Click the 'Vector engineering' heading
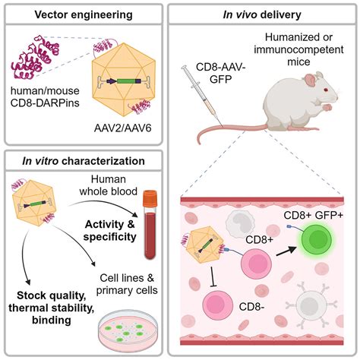point(84,14)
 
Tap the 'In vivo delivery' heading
point(262,14)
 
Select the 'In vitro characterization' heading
point(84,161)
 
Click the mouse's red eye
point(326,90)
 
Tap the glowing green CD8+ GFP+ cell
point(316,238)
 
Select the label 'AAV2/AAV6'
point(123,128)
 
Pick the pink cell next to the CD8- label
point(218,305)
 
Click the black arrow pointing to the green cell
point(286,252)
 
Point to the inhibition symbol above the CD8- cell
point(213,276)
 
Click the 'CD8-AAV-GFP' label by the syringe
point(221,74)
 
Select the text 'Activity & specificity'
point(110,230)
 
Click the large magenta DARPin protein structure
point(35,57)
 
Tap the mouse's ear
point(311,81)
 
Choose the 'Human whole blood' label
point(109,185)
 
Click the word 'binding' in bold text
point(52,321)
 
